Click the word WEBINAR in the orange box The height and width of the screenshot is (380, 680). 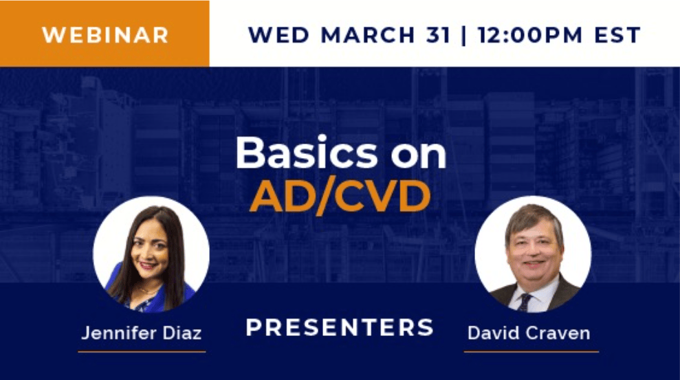point(105,35)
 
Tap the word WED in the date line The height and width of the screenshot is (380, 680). point(278,35)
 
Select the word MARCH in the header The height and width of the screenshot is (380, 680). point(368,35)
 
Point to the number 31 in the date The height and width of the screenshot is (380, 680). point(437,35)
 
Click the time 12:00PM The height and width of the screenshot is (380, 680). point(530,35)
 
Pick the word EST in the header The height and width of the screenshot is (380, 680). point(617,35)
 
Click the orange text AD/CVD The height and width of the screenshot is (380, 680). point(340,197)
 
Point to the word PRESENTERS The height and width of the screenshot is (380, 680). point(340,327)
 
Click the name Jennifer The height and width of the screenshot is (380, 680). point(119,333)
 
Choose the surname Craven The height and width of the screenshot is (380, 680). point(558,333)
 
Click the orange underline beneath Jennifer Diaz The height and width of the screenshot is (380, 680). point(142,352)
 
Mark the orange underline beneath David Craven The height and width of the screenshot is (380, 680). point(531,352)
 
